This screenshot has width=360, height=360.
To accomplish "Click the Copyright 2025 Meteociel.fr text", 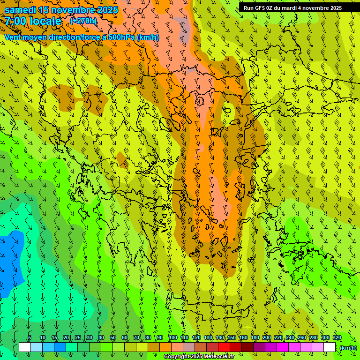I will click(199, 357).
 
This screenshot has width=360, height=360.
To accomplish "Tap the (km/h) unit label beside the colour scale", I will click(348, 347).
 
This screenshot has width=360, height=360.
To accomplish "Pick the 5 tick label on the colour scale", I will click(30, 338).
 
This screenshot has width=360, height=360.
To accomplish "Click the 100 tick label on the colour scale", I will click(172, 338).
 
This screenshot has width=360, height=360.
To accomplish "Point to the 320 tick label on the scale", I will click(337, 338).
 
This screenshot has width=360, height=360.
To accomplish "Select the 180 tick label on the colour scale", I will click(255, 338).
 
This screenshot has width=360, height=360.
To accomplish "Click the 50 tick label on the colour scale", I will click(112, 338).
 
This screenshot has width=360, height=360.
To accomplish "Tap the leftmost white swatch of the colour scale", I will click(25, 347).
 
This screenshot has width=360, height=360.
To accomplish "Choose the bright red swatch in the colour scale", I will click(224, 347).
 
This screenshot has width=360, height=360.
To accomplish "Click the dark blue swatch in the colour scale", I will click(60, 347).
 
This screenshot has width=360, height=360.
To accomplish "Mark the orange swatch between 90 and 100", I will click(165, 347).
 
